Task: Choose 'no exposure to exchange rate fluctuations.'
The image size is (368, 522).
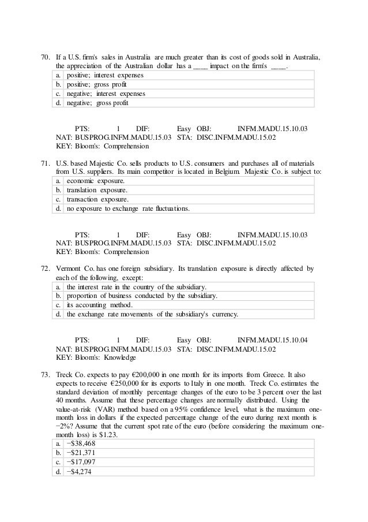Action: [x=136, y=208]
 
